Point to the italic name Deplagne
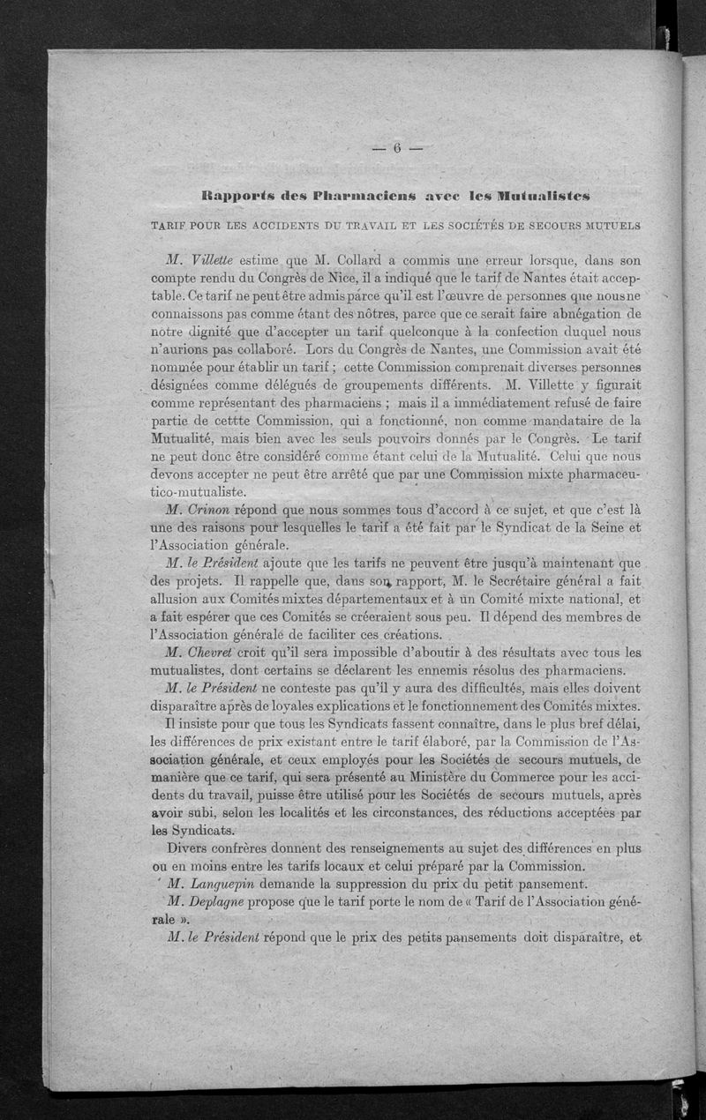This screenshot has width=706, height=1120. [217, 902]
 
